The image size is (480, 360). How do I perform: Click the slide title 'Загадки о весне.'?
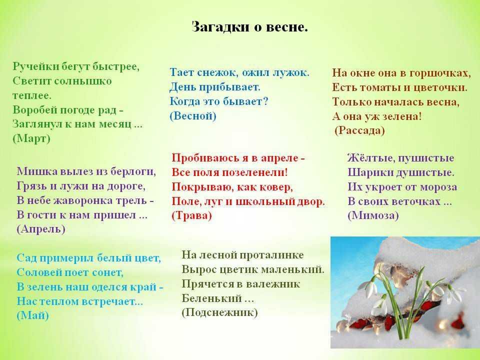tap(249, 27)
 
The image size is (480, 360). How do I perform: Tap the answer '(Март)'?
tap(31, 138)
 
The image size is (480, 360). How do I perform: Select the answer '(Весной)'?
tap(193, 115)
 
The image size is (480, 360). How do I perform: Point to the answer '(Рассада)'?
tap(359, 130)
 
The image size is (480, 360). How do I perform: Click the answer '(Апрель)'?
tap(41, 229)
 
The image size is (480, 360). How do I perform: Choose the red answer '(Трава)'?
tap(191, 215)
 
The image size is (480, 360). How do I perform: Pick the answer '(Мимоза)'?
tap(373, 215)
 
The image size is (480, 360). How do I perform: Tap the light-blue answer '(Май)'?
tap(33, 315)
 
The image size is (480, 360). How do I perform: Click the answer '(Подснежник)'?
tap(219, 312)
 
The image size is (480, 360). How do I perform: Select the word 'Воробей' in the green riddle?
tap(34, 109)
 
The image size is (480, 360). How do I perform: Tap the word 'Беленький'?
tap(211, 298)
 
